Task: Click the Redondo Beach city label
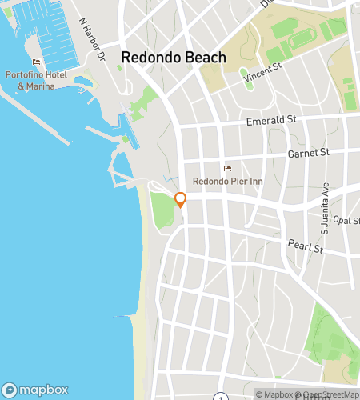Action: coord(174,58)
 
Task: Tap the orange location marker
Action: coord(181,199)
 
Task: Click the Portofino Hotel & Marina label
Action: coord(36,81)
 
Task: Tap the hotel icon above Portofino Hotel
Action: coord(36,62)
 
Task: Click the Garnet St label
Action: coord(308,151)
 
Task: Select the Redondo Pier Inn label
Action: coord(227,182)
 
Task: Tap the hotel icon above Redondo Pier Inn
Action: coord(227,168)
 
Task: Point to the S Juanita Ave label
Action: coord(325,212)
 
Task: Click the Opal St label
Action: coord(347,220)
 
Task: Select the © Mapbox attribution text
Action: coord(276,394)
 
